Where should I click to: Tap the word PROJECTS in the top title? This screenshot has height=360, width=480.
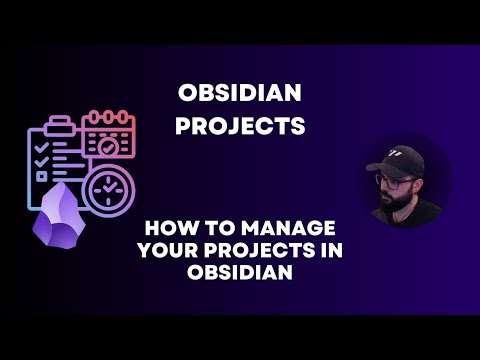(x=240, y=126)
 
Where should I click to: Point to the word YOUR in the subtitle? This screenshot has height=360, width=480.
(x=169, y=250)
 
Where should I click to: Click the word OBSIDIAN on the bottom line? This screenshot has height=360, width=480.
(x=240, y=273)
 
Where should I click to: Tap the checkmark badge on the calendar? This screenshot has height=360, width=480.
(x=106, y=145)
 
